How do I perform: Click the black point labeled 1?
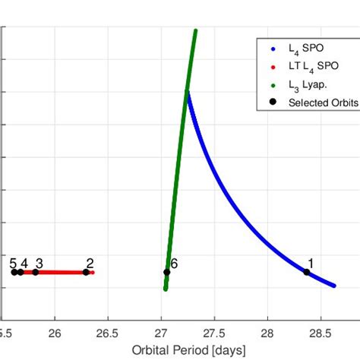307,272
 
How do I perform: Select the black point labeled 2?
86,272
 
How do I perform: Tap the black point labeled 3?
36,272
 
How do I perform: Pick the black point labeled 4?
21,272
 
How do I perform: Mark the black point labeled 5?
13,272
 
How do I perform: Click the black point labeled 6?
166,272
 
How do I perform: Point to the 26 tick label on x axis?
55,333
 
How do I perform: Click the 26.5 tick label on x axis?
108,333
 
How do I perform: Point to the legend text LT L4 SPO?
311,66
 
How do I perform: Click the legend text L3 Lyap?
308,85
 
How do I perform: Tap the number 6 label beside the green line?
174,263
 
